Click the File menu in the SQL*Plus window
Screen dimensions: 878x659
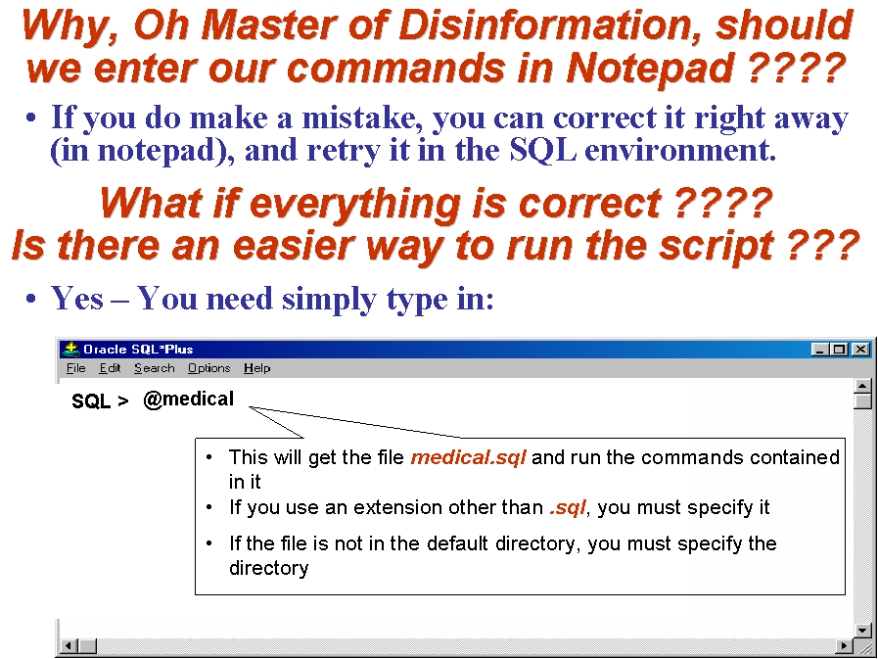click(x=75, y=368)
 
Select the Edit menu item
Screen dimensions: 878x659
click(x=110, y=368)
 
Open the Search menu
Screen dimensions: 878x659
click(x=154, y=368)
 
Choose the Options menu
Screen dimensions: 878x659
click(x=208, y=369)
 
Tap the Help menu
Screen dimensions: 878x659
click(x=257, y=369)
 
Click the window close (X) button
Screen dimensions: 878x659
click(x=861, y=350)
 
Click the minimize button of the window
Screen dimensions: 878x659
click(x=820, y=350)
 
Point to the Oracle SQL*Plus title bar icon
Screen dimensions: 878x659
click(x=71, y=350)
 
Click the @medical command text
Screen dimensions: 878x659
click(x=188, y=399)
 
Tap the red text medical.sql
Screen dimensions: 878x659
click(x=468, y=457)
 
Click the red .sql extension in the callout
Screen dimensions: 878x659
click(x=568, y=507)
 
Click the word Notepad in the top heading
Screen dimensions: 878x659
click(x=650, y=69)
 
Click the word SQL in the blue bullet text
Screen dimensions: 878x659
click(x=542, y=150)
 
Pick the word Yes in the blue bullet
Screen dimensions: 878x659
click(x=77, y=298)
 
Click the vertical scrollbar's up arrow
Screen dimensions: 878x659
click(x=863, y=386)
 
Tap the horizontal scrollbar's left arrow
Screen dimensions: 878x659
click(x=69, y=645)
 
